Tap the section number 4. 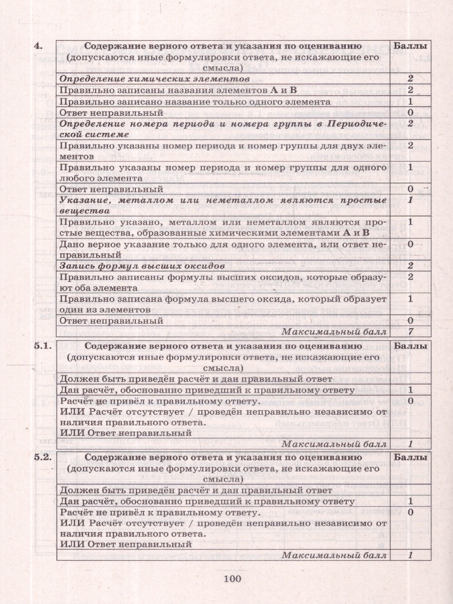pyautogui.click(x=37, y=47)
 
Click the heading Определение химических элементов pyautogui.click(x=155, y=79)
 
